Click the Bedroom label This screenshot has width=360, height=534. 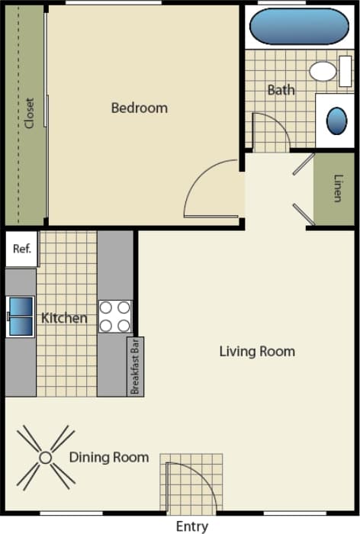[139, 108]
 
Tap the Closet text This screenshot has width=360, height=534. [30, 113]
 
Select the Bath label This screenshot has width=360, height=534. [280, 90]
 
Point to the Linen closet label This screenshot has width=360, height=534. [336, 189]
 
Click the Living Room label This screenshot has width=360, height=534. [256, 352]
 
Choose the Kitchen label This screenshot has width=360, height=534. [64, 318]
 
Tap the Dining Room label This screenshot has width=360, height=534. [108, 458]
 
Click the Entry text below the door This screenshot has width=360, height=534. [191, 526]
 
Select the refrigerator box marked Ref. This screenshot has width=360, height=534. [21, 249]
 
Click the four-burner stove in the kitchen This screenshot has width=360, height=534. [114, 317]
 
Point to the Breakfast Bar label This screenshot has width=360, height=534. [134, 366]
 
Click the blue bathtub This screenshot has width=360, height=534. [298, 27]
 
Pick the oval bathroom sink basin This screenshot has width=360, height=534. [336, 121]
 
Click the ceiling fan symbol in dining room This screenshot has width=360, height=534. [45, 458]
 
